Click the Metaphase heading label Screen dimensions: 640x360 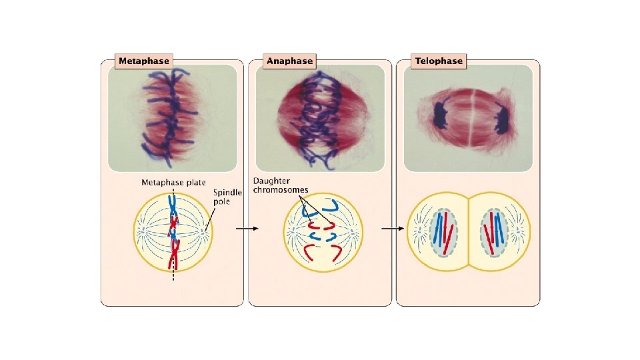click(143, 61)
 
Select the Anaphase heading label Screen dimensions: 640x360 click(289, 61)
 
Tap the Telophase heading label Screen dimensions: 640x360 click(438, 61)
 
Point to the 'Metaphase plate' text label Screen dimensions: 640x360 click(173, 183)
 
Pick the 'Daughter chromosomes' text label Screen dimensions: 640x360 click(280, 185)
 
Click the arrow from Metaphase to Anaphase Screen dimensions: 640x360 click(247, 228)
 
